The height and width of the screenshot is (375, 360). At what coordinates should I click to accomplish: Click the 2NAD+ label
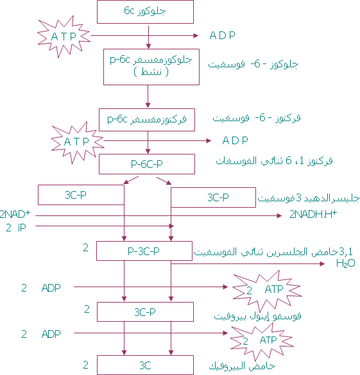pyautogui.click(x=15, y=214)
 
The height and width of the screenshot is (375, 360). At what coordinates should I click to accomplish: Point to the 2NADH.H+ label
pyautogui.click(x=313, y=214)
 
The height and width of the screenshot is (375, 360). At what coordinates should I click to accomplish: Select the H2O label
pyautogui.click(x=345, y=263)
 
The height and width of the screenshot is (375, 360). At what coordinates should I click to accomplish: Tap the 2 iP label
pyautogui.click(x=16, y=228)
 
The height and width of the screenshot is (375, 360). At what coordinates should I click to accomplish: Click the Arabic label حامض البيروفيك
pyautogui.click(x=242, y=365)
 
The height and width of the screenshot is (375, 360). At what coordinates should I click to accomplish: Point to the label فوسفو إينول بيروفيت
pyautogui.click(x=257, y=316)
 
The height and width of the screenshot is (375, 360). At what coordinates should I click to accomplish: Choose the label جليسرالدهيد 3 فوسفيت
pyautogui.click(x=309, y=198)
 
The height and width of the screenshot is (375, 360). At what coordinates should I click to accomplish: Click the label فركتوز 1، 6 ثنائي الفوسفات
pyautogui.click(x=274, y=160)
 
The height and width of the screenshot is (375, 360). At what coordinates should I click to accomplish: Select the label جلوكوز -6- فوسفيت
pyautogui.click(x=253, y=64)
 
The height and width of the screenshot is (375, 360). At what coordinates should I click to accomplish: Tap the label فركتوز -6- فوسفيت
pyautogui.click(x=257, y=118)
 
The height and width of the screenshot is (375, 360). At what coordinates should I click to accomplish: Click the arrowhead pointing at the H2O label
pyautogui.click(x=322, y=264)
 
